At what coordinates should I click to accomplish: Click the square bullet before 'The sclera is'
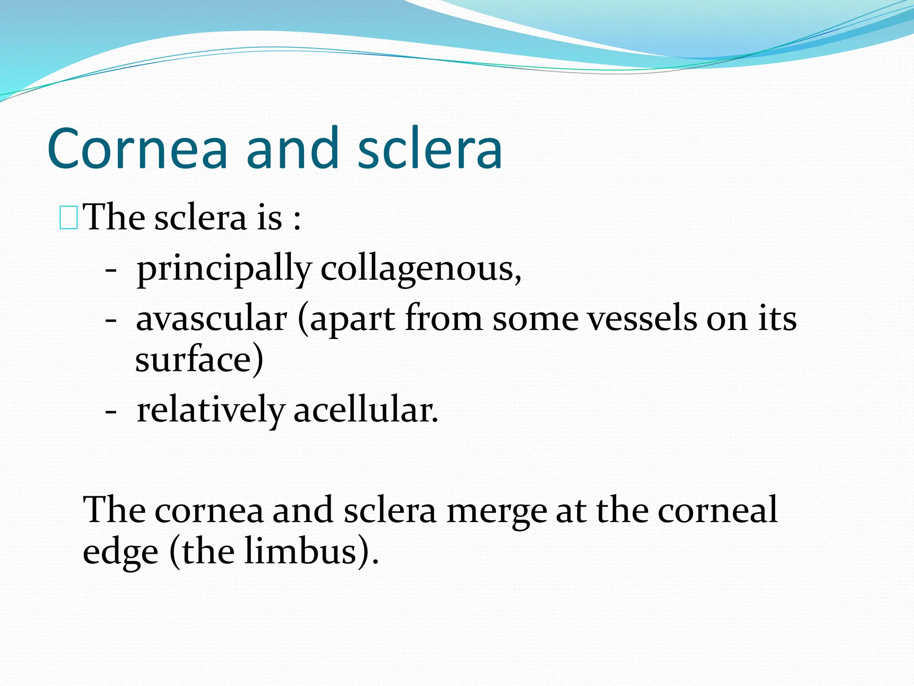pos(69,218)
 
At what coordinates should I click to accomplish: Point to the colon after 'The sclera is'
pos(297,220)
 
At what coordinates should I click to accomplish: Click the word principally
pos(224,269)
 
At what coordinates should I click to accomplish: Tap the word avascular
pos(212,319)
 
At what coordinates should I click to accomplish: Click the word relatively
pos(210,410)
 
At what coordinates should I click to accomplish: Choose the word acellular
pos(366,410)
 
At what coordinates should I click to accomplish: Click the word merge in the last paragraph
pos(496,510)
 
